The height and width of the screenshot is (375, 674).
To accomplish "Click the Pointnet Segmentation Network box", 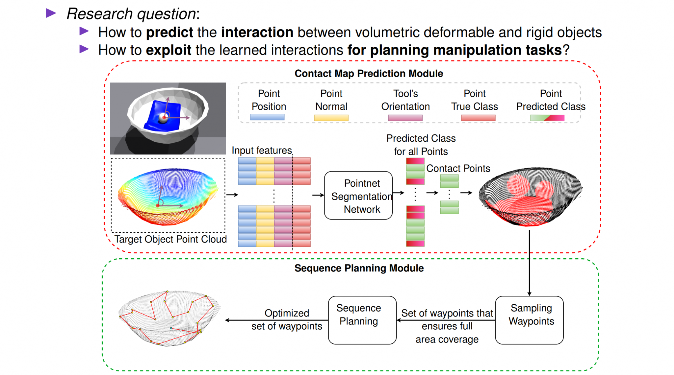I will pyautogui.click(x=358, y=196).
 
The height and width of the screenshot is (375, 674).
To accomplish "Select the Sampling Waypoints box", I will pyautogui.click(x=529, y=320).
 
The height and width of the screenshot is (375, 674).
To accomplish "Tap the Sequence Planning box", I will pyautogui.click(x=362, y=320).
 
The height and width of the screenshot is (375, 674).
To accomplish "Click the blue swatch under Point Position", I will pyautogui.click(x=267, y=117).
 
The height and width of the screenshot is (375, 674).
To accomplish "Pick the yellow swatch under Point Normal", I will pyautogui.click(x=331, y=118).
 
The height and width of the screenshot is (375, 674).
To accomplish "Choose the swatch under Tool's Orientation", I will pyautogui.click(x=405, y=118).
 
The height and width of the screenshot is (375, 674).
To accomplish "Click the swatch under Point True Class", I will pyautogui.click(x=478, y=118).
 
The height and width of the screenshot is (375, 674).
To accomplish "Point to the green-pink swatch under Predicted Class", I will pyautogui.click(x=547, y=118).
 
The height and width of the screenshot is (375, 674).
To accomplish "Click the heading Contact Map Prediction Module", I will pyautogui.click(x=369, y=74).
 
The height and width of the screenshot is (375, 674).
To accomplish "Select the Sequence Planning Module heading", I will pyautogui.click(x=359, y=268).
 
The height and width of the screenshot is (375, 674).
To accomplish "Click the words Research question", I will pyautogui.click(x=132, y=14).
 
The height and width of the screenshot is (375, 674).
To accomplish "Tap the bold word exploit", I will pyautogui.click(x=168, y=50).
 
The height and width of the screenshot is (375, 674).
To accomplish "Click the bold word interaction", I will pyautogui.click(x=257, y=33).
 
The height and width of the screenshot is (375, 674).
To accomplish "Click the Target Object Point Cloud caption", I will pyautogui.click(x=170, y=239).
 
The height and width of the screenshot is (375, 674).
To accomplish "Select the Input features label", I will pyautogui.click(x=262, y=151).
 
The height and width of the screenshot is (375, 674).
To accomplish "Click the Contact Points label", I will pyautogui.click(x=458, y=169).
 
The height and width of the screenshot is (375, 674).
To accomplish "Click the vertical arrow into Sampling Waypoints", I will pyautogui.click(x=529, y=263).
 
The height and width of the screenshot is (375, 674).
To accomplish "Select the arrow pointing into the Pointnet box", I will pyautogui.click(x=318, y=195).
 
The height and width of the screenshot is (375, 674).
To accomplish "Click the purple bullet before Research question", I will pyautogui.click(x=51, y=13).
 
